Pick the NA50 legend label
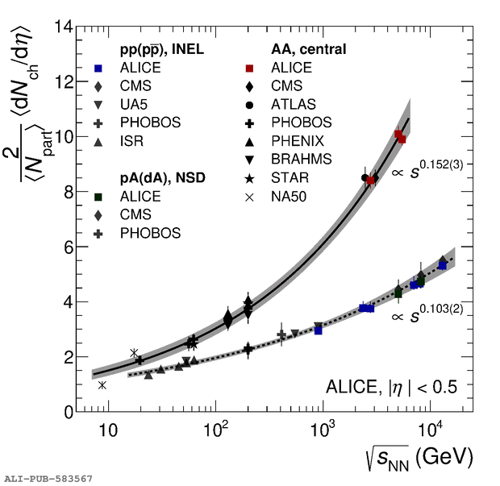point(290,196)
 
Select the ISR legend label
point(133,141)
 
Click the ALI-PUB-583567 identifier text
point(48,479)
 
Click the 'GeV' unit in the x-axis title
point(448,457)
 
